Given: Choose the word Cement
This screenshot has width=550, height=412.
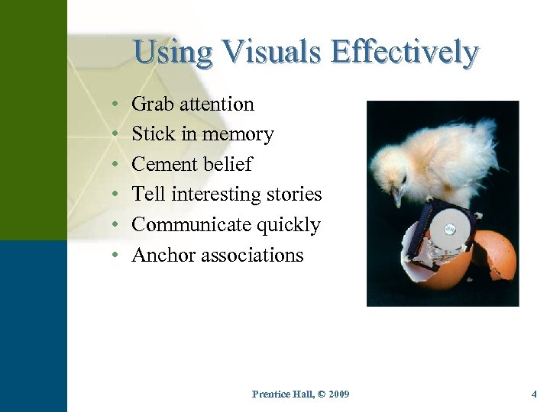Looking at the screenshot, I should pos(163,165).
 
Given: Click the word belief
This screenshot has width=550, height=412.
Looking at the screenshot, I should pos(226,165).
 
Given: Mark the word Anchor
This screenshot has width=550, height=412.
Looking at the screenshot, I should pos(163,255).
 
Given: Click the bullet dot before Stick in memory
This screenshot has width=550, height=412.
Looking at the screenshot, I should pos(113,134).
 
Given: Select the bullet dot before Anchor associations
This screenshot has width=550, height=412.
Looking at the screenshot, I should pos(113,255).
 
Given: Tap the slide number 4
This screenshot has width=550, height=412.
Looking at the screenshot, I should pos(534,394).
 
